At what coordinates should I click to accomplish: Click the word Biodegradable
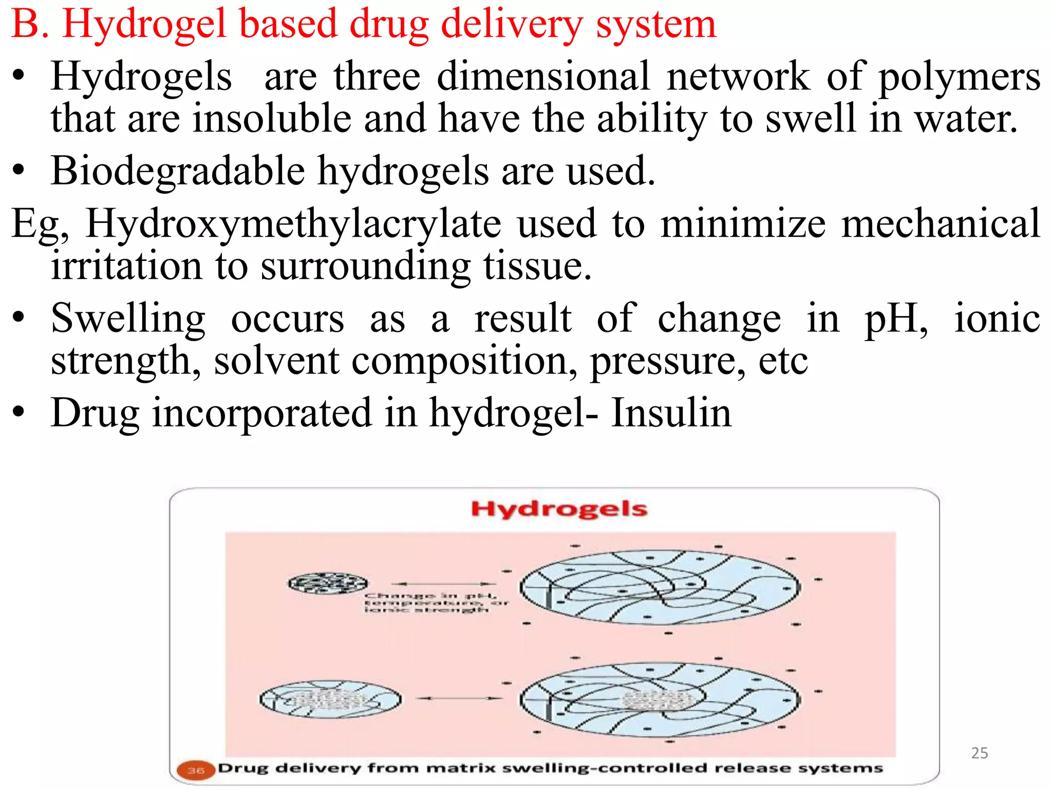tap(178, 171)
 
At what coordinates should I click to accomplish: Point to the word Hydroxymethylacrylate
tap(293, 224)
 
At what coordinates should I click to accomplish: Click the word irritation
tap(127, 266)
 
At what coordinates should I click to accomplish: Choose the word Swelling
tap(128, 319)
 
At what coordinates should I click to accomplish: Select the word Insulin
tap(671, 414)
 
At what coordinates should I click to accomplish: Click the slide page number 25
tap(980, 753)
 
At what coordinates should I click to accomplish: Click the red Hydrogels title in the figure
tap(559, 509)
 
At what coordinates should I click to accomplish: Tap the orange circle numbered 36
tap(195, 770)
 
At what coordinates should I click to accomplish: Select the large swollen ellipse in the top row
tap(660, 587)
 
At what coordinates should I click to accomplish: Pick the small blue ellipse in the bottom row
tap(330, 700)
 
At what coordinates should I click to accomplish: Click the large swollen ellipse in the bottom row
tap(660, 699)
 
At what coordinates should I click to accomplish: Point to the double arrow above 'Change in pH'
tap(444, 584)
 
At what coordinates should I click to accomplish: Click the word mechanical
tap(941, 224)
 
